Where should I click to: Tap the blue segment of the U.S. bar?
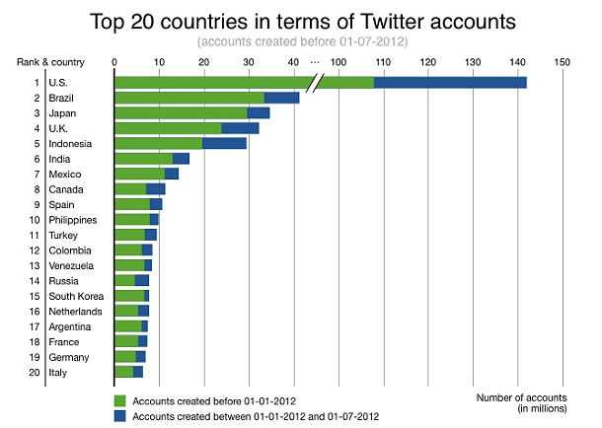click(x=450, y=82)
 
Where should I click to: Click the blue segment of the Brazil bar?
click(x=281, y=98)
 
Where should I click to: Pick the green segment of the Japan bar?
click(x=181, y=112)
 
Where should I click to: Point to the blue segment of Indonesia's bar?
click(x=224, y=143)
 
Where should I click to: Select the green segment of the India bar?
click(x=144, y=158)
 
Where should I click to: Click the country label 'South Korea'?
click(x=75, y=296)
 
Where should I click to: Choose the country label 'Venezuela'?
click(x=73, y=265)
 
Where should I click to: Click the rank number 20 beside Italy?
click(x=36, y=372)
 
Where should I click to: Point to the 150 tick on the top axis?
click(x=563, y=62)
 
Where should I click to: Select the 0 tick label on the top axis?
click(x=115, y=62)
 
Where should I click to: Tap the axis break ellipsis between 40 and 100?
click(x=315, y=62)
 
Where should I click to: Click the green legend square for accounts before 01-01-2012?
click(x=120, y=401)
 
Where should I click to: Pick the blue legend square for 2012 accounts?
click(x=120, y=416)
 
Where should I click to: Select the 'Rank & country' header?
click(x=48, y=62)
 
